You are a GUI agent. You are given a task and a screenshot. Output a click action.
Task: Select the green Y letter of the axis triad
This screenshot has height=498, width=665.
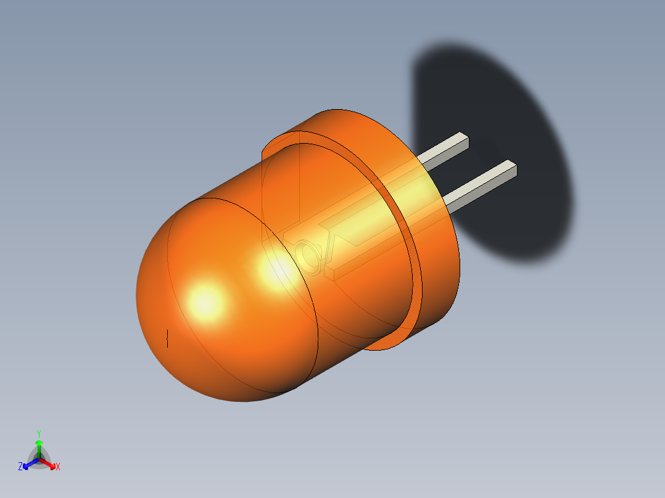click(39, 433)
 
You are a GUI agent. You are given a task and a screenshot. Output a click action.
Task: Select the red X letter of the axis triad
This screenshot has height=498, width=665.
click(58, 467)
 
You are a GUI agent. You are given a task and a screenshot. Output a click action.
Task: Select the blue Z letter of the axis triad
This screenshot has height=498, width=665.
click(20, 467)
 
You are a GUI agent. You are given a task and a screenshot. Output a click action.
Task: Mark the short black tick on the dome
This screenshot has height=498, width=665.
click(168, 338)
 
